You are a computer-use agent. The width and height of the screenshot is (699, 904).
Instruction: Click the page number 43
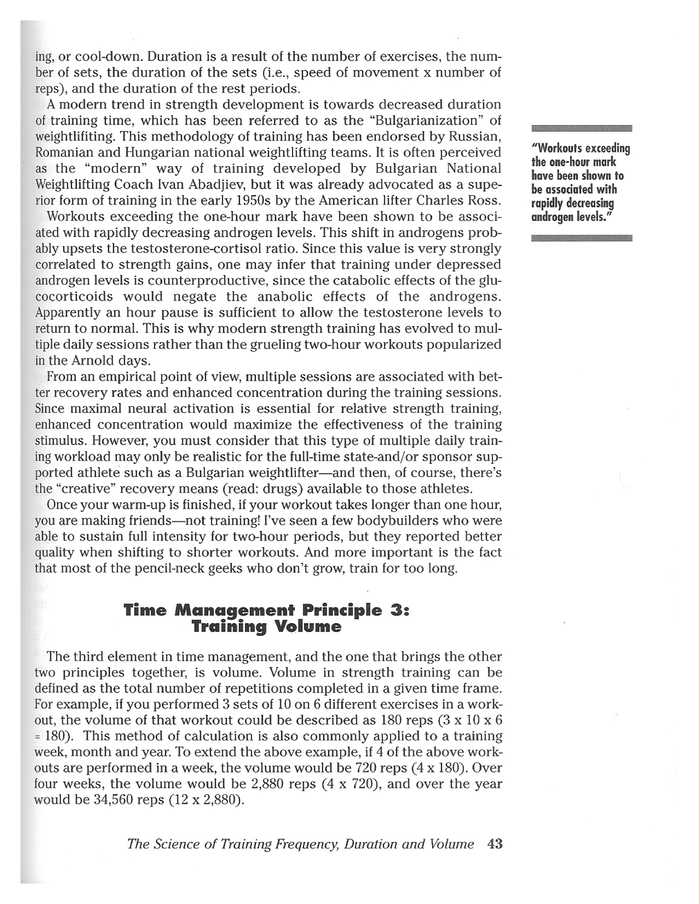point(495,844)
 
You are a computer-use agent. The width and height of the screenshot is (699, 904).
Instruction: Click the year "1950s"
point(255,201)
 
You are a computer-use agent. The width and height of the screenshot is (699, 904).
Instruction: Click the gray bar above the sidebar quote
point(581,128)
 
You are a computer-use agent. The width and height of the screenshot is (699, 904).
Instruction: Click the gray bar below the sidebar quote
point(581,237)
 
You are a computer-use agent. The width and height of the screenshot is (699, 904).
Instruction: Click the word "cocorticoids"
point(74,297)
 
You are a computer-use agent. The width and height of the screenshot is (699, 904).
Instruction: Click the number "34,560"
point(113,800)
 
